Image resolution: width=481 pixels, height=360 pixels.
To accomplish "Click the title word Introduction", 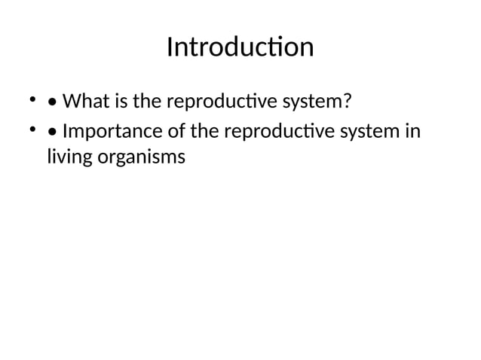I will (240, 47).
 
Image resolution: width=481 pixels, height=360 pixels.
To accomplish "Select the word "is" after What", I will (120, 100).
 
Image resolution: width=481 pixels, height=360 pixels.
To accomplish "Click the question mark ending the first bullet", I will (348, 100).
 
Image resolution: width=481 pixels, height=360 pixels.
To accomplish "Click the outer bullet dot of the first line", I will (32, 99).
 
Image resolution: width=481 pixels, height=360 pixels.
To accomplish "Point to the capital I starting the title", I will (170, 47).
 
